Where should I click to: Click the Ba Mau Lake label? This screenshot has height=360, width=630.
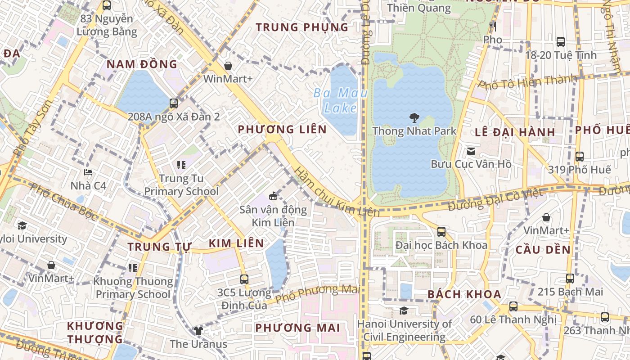click(x=340, y=100)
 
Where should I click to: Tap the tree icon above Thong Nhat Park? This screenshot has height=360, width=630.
click(x=414, y=118)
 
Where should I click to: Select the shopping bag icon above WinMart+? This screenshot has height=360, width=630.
click(x=228, y=66)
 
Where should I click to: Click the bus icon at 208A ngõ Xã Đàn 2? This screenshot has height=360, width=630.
click(x=174, y=103)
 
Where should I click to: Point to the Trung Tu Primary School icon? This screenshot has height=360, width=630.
click(x=181, y=165)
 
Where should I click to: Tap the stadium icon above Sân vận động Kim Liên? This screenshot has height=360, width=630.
click(x=273, y=196)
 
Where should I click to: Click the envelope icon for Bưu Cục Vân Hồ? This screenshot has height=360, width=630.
click(x=471, y=151)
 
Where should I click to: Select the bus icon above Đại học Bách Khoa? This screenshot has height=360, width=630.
click(x=441, y=232)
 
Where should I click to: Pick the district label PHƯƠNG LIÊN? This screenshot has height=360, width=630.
click(x=282, y=130)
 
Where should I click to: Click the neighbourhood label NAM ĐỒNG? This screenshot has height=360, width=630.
click(x=142, y=64)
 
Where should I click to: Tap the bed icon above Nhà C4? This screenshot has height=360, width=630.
click(x=88, y=172)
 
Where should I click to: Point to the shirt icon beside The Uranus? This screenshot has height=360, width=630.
click(x=198, y=331)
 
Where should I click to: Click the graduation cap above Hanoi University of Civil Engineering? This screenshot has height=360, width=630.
click(x=404, y=310)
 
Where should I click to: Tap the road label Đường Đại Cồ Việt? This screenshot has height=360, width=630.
click(x=495, y=199)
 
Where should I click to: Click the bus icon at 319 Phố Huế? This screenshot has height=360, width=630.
click(x=580, y=157)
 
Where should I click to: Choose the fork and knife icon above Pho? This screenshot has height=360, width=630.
click(x=493, y=27)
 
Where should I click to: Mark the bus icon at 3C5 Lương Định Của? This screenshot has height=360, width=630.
click(x=244, y=279)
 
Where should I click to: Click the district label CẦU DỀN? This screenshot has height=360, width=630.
click(x=543, y=250)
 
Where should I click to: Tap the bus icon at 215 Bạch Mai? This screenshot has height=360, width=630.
click(x=570, y=279)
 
